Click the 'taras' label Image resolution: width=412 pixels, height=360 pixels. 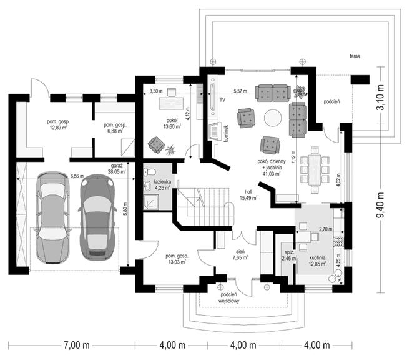point(355,56)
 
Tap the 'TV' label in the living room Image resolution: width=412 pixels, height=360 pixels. point(222,100)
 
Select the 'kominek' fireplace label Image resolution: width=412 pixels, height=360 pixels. point(226,134)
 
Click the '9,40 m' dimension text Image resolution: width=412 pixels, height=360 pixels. point(380,205)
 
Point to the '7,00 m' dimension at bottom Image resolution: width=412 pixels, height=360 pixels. point(76,345)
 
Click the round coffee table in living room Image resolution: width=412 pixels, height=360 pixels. point(273,118)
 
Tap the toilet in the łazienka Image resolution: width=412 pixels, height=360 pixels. point(150,172)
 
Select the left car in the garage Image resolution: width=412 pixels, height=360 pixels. point(52,217)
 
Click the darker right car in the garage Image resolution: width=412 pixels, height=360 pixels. point(97,217)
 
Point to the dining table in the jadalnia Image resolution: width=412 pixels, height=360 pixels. point(315,170)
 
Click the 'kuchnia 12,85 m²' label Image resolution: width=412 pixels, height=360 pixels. point(318,261)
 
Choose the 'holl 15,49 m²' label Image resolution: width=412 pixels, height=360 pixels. point(248,195)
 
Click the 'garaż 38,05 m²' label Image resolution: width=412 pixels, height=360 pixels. point(117,169)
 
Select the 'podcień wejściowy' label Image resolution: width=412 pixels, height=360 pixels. point(228,298)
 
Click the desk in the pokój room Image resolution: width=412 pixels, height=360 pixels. point(171,103)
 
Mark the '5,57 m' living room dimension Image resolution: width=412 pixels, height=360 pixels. point(240,91)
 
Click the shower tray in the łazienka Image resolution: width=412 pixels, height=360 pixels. point(151,202)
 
